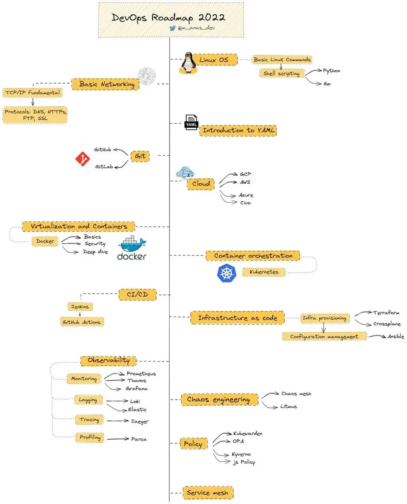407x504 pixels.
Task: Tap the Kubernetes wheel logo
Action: [226, 273]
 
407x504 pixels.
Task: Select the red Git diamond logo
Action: [83, 159]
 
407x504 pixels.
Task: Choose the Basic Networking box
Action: [107, 84]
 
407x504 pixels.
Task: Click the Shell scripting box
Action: [282, 73]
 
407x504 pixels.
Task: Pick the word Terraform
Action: [386, 313]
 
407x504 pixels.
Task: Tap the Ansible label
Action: [396, 336]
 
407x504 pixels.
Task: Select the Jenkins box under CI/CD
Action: [80, 306]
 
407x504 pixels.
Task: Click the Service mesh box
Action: [208, 493]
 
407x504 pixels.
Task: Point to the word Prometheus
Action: [141, 374]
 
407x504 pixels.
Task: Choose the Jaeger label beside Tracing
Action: [140, 421]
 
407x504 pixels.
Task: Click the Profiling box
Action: [90, 437]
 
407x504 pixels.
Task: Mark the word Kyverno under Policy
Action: [241, 454]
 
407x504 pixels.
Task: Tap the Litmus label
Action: [289, 406]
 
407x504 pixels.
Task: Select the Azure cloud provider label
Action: [246, 195]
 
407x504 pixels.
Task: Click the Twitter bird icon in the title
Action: [173, 28]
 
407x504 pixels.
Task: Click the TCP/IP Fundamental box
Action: [32, 92]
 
